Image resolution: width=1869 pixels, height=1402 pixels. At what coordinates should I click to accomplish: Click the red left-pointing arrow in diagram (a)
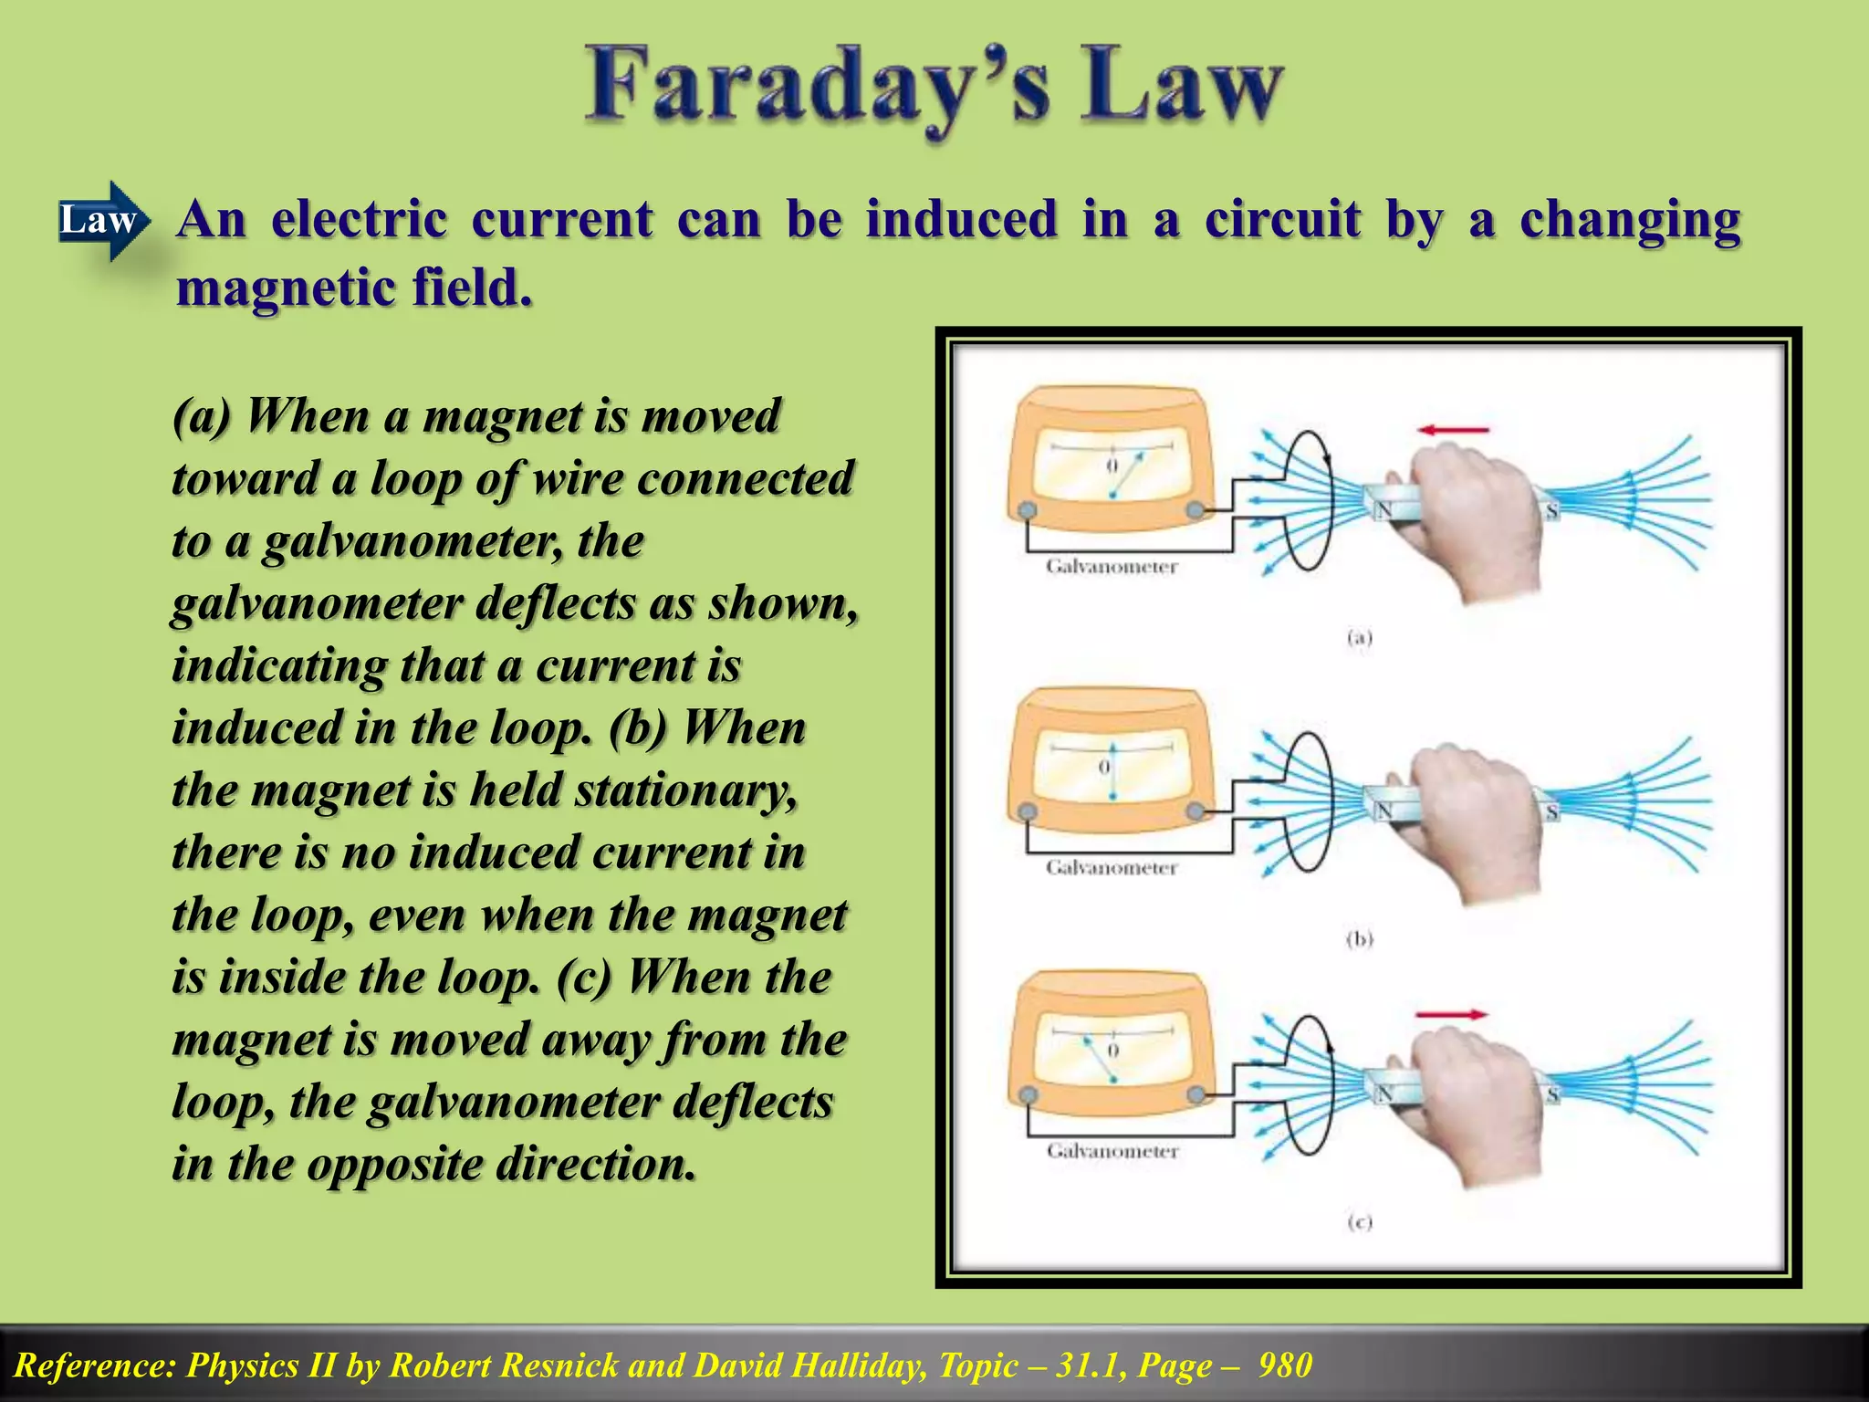(1453, 430)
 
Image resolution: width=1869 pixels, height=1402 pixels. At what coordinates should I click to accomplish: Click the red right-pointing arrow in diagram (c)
(1451, 1014)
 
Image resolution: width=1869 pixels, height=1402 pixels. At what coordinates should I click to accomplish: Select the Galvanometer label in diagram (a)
(1112, 567)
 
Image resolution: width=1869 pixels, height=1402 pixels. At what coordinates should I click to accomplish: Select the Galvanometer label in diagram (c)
(1112, 1151)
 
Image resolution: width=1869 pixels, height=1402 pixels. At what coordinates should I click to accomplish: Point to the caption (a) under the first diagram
(1360, 638)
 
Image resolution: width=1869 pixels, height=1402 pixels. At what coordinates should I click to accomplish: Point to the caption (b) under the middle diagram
(1360, 939)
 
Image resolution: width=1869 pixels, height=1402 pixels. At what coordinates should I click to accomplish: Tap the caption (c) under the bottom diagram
(1360, 1222)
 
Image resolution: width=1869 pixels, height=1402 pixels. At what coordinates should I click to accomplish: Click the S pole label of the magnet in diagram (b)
(1551, 811)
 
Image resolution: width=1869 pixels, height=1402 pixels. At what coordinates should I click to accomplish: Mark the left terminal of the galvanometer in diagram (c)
(1028, 1094)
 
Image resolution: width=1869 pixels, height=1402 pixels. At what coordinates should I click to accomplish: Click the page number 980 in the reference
(1285, 1365)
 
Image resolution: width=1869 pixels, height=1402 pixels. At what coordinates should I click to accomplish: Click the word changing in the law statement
(1630, 221)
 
